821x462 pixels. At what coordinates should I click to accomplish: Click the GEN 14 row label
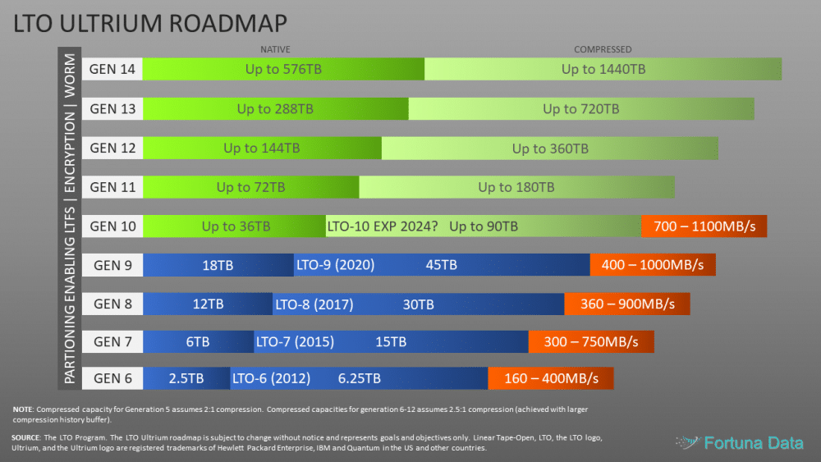click(x=112, y=69)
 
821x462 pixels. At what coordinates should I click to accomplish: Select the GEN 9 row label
click(x=112, y=264)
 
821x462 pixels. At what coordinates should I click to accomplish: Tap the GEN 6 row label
click(x=112, y=378)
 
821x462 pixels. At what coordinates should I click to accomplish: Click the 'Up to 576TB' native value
click(x=283, y=69)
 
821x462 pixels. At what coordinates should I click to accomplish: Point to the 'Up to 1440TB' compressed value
click(x=603, y=69)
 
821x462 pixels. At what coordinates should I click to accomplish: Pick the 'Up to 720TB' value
click(x=581, y=108)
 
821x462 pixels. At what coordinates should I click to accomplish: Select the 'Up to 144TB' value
click(x=262, y=148)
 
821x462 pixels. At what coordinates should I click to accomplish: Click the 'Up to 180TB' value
click(x=516, y=187)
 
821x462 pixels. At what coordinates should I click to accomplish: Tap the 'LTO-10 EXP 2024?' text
click(x=383, y=226)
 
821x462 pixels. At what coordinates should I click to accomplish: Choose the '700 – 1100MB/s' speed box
click(x=704, y=226)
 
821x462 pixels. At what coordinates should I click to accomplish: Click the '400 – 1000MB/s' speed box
click(x=653, y=265)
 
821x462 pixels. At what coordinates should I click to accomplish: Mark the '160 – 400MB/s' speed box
click(x=550, y=378)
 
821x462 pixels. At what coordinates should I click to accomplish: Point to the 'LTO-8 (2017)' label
click(x=314, y=304)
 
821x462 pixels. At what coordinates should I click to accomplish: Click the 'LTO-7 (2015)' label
click(x=295, y=341)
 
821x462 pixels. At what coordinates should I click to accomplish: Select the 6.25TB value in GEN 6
click(x=360, y=378)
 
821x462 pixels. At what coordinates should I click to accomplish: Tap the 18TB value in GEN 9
click(x=218, y=265)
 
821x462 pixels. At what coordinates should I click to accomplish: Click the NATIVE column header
click(x=275, y=49)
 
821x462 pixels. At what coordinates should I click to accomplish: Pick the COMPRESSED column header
click(x=603, y=49)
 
